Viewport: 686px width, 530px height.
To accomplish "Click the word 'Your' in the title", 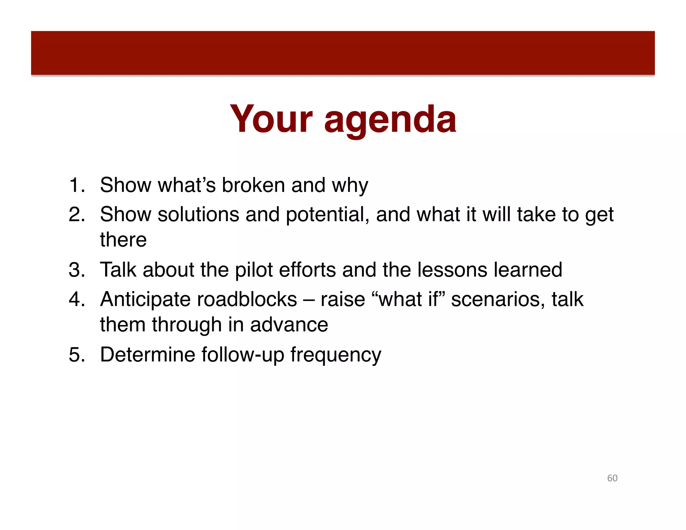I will point(271,119).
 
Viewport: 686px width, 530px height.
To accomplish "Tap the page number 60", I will point(612,478).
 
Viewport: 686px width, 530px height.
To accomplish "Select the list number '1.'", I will point(77,185).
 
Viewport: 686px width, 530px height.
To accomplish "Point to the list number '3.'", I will point(77,270).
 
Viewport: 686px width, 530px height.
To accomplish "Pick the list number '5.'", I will point(77,354).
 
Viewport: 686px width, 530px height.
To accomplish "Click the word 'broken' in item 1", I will point(253,185).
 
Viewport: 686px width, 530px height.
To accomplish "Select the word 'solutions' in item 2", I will point(198,214).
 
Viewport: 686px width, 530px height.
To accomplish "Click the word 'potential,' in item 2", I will point(327,215).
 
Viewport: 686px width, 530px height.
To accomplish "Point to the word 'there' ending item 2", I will point(123,240).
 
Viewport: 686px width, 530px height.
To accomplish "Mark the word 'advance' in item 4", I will point(289,325).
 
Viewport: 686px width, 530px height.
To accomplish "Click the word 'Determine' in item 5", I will point(147,354).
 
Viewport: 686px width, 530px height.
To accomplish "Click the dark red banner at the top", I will point(343,53).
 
